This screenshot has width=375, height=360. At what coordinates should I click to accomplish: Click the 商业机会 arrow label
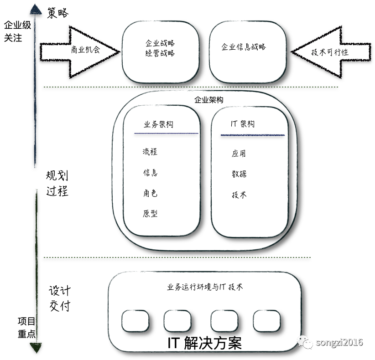point(85,50)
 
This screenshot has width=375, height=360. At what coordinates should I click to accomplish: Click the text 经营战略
point(160,53)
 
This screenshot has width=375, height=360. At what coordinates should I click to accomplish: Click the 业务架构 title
point(158,124)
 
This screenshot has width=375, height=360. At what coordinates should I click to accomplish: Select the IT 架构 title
point(243,124)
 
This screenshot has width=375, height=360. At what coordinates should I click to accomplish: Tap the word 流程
point(150,152)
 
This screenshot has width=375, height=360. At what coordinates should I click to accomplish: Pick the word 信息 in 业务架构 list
point(150,173)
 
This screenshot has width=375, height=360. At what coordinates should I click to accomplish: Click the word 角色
point(150,193)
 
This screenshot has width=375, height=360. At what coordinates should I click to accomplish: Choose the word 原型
point(150,214)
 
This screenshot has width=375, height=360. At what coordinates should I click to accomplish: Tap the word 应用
point(239,154)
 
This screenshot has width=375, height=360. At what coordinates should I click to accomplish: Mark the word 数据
point(239,174)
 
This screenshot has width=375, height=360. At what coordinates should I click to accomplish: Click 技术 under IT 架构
point(239,195)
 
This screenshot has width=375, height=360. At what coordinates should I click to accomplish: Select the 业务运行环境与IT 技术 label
point(205,287)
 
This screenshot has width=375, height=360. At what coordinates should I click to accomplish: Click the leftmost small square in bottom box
point(135,321)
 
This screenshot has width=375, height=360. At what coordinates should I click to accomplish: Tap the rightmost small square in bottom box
point(267,321)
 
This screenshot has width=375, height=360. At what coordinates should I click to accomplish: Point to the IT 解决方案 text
point(204,343)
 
